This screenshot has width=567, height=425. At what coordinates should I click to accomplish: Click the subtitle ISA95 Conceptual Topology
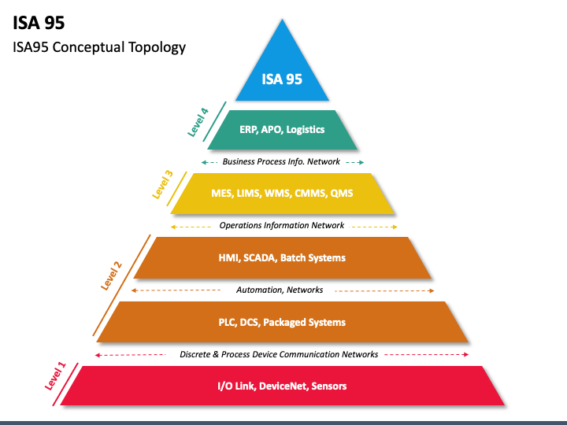pyautogui.click(x=99, y=46)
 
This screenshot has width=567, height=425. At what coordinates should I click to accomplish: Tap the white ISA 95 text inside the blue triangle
pyautogui.click(x=282, y=79)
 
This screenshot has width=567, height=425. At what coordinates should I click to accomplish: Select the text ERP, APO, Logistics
pyautogui.click(x=282, y=130)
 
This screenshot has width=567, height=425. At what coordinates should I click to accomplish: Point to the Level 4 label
pyautogui.click(x=198, y=122)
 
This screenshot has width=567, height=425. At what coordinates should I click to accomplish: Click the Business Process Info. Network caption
pyautogui.click(x=281, y=161)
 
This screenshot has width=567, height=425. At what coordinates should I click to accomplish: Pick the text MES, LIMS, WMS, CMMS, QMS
pyautogui.click(x=282, y=194)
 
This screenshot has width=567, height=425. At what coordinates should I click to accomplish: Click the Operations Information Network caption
pyautogui.click(x=281, y=225)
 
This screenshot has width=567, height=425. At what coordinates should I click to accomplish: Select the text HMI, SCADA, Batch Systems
pyautogui.click(x=282, y=258)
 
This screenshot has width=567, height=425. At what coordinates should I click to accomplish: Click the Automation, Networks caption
pyautogui.click(x=280, y=290)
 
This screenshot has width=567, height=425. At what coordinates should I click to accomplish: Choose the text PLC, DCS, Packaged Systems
pyautogui.click(x=282, y=323)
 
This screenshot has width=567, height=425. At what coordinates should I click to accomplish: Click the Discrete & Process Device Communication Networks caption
pyautogui.click(x=279, y=354)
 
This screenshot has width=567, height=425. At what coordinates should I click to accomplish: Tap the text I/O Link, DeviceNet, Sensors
pyautogui.click(x=282, y=386)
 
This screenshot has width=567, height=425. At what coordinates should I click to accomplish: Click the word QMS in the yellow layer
pyautogui.click(x=341, y=194)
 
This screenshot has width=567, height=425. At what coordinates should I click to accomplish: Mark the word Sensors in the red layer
pyautogui.click(x=328, y=386)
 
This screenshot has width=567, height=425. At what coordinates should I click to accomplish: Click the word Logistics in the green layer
pyautogui.click(x=306, y=130)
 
